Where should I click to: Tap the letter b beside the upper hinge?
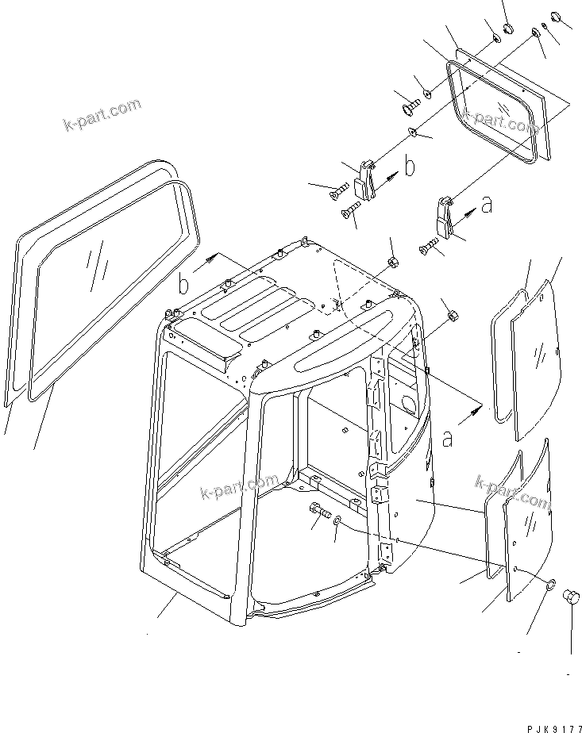(410, 167)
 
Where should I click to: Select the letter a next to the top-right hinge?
(487, 205)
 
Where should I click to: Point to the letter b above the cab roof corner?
(183, 282)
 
